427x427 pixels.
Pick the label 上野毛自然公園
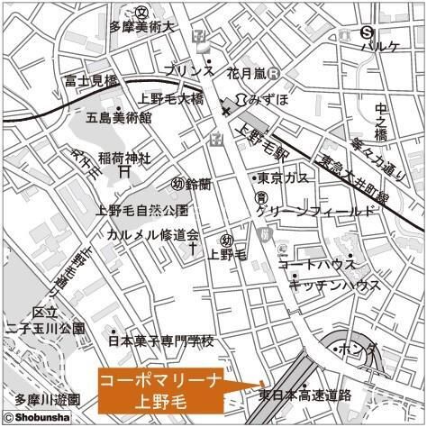click(x=142, y=211)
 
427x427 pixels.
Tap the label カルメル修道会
click(x=152, y=234)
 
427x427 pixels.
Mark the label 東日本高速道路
click(x=304, y=395)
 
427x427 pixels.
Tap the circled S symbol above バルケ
click(x=367, y=31)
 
